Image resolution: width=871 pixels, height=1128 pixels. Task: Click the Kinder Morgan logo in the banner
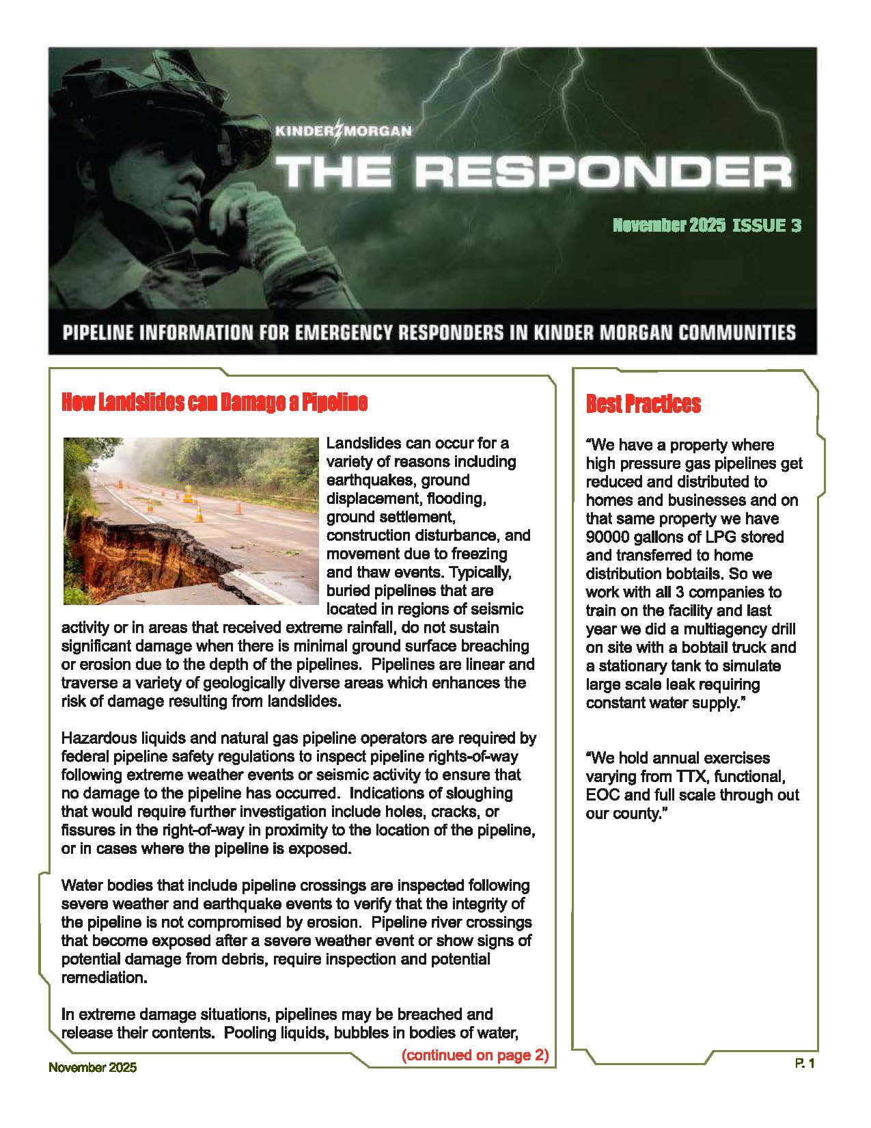(x=344, y=131)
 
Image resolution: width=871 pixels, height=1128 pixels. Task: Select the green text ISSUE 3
(x=766, y=226)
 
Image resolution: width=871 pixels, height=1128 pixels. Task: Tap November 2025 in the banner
(x=668, y=226)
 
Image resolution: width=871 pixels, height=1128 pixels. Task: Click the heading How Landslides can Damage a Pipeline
(x=215, y=403)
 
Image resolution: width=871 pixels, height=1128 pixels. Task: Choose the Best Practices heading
(x=643, y=404)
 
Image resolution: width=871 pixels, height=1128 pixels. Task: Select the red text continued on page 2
(x=475, y=1055)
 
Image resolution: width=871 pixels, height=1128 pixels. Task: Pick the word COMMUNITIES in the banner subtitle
(x=732, y=333)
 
